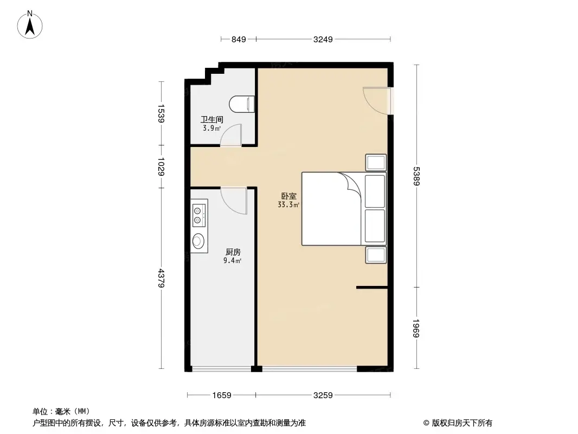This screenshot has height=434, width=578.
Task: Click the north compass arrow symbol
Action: (x=31, y=24)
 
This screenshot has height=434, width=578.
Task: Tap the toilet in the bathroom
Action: (x=242, y=104)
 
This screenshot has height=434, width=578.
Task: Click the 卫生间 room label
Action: (x=211, y=120)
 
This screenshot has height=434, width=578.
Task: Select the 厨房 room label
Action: (x=233, y=252)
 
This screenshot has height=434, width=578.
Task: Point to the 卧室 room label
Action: (x=288, y=196)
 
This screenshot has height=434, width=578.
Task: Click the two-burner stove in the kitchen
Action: (x=198, y=215)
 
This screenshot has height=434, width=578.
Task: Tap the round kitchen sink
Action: (x=198, y=241)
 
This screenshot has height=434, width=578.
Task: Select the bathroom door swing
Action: (x=232, y=136)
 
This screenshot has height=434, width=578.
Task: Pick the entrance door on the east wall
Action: (x=377, y=100)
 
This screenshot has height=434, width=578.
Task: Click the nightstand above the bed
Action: (x=376, y=163)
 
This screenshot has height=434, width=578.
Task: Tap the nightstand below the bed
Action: (x=376, y=254)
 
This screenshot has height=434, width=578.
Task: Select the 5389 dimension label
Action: (x=417, y=176)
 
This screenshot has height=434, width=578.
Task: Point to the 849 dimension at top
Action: (x=239, y=39)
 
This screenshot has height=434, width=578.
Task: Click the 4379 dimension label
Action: (x=160, y=279)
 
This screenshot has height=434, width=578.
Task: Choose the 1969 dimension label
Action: (x=417, y=328)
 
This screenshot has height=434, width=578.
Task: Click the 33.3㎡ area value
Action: (x=288, y=205)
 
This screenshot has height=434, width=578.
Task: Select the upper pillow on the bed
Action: (x=375, y=190)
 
